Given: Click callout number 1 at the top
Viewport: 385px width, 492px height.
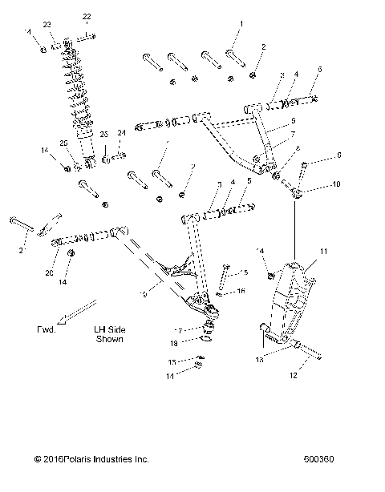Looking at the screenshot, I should (239, 24).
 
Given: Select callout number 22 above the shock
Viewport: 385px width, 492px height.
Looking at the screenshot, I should (87, 16).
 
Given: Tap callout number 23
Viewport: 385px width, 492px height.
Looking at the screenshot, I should (47, 24).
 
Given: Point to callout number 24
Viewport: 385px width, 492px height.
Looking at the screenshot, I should (122, 133).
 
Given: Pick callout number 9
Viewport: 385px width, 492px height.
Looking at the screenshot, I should (338, 155).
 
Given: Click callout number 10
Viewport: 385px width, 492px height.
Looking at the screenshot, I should (335, 184).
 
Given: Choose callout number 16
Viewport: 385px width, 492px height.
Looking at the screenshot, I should (242, 292).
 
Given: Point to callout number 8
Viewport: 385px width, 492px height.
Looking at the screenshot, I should (298, 149).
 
